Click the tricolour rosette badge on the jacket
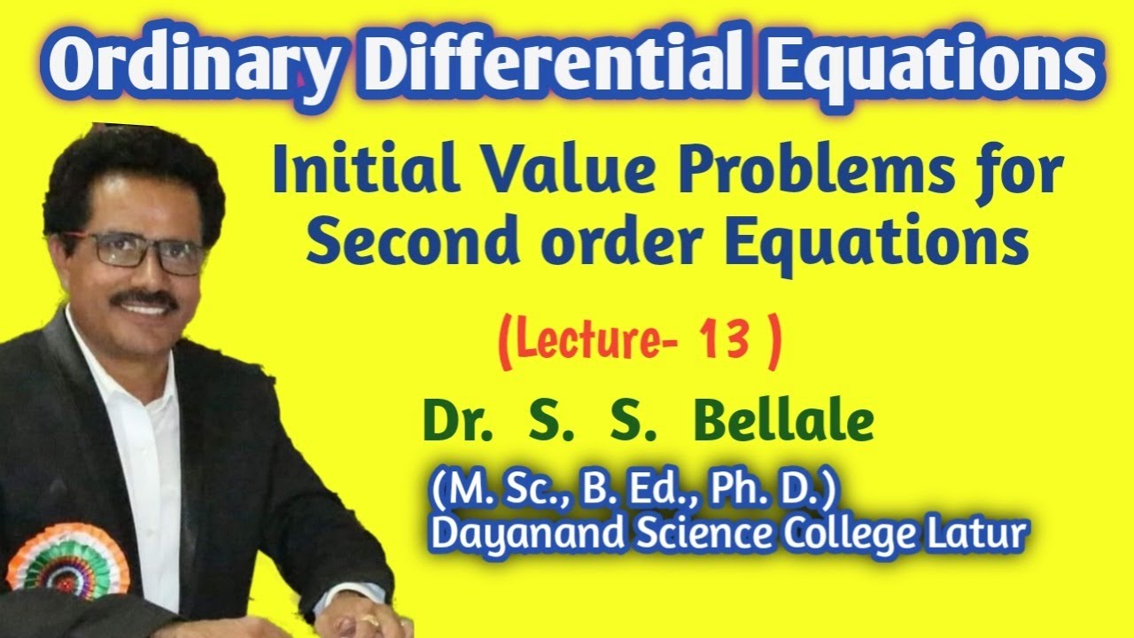[67, 562]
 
